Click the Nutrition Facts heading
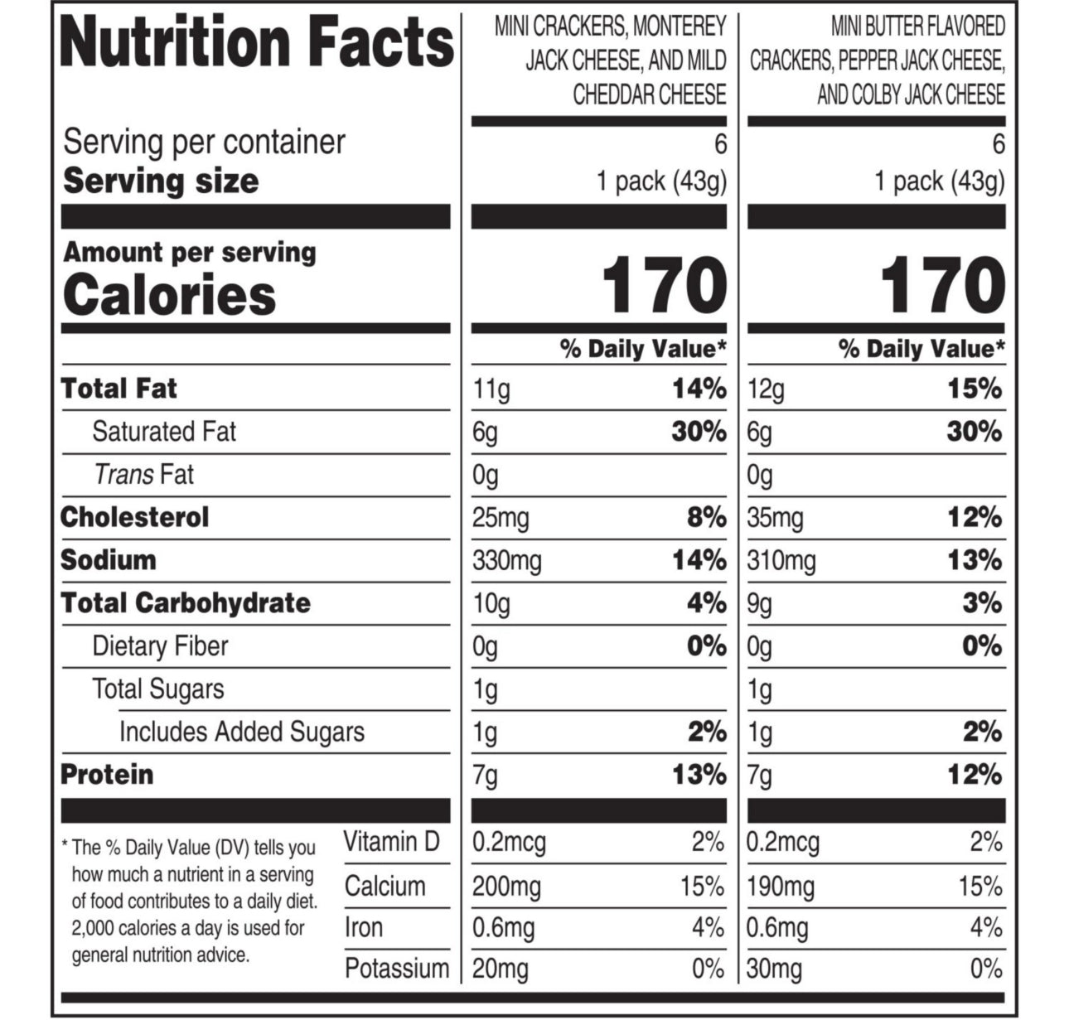257,43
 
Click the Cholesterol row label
135,517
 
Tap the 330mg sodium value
507,561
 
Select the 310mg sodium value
781,561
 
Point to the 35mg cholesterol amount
776,518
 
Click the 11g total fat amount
491,389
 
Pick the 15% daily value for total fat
975,389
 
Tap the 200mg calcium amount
506,887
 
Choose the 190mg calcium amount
781,887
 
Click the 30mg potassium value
774,968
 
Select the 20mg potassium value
501,968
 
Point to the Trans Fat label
143,475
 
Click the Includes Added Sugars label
241,732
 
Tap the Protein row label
107,775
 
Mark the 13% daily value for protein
699,775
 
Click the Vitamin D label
391,842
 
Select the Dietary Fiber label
160,646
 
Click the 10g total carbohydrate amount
491,604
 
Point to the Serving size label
161,181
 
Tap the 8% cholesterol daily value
706,518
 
